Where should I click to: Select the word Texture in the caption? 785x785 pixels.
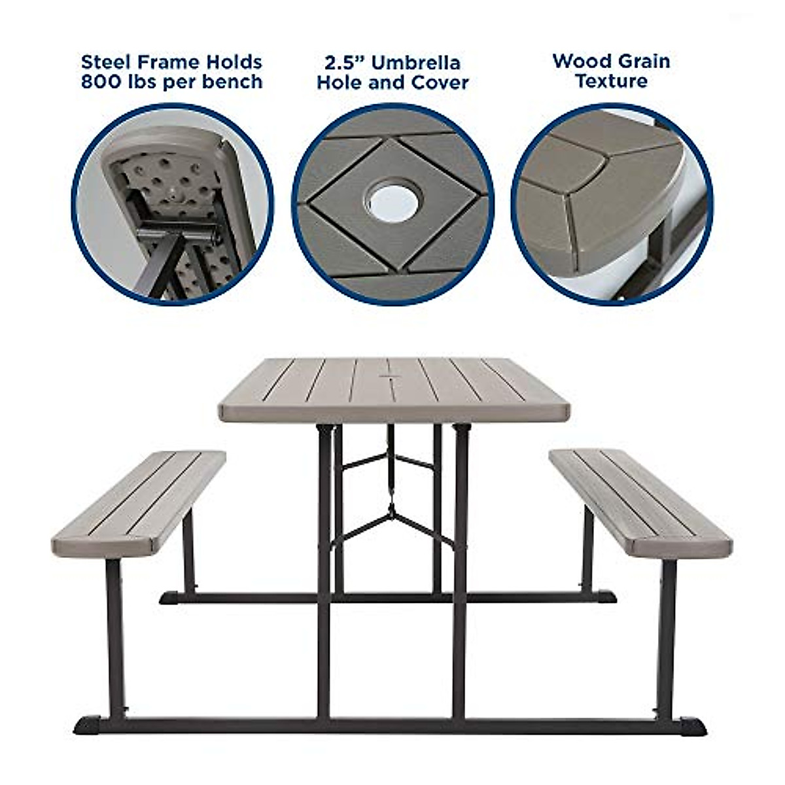tap(612, 82)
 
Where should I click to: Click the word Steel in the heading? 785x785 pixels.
tap(105, 63)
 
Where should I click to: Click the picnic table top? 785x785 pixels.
tap(392, 390)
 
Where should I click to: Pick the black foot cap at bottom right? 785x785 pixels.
tap(692, 727)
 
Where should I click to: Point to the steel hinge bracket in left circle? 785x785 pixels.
tap(177, 231)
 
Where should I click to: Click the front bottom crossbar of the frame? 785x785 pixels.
tap(392, 725)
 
